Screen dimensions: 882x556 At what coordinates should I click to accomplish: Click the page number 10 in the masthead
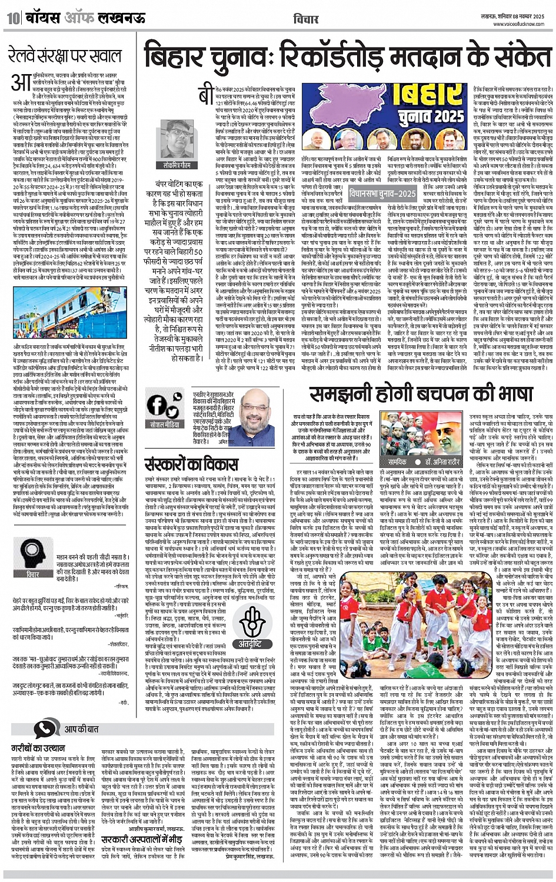[12, 18]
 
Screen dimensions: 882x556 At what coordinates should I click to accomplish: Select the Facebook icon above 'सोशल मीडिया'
[157, 406]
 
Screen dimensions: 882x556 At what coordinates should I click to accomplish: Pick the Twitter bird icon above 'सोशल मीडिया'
[174, 406]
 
